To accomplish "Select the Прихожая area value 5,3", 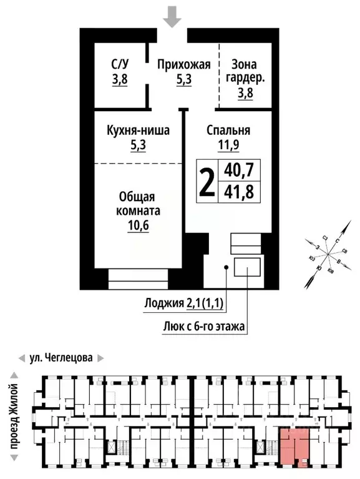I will pos(183,79).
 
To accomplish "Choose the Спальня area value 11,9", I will pos(228,146).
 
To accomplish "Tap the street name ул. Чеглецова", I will pos(61,358).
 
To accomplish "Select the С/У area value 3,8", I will pos(120,79).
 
